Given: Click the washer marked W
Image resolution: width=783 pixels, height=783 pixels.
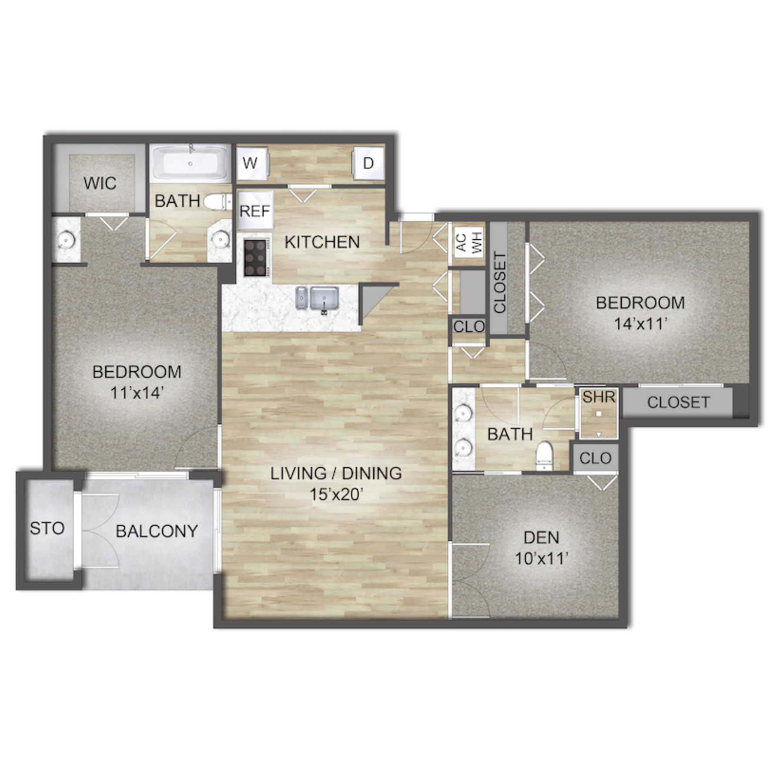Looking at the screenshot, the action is point(251,163).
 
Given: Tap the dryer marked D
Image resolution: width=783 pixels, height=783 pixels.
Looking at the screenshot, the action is point(368,163).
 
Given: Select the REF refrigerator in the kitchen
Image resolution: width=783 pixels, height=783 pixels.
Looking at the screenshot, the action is point(255,211).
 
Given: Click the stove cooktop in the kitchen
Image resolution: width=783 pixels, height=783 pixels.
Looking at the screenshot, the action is point(255,258).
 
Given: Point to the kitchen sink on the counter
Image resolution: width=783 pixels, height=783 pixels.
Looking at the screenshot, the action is point(317,298).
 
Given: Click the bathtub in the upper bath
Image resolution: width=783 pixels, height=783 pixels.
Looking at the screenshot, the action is point(190,164).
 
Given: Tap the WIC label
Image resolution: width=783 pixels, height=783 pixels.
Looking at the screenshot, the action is point(100,183).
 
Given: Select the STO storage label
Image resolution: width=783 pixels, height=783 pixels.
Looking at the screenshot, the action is point(47,528).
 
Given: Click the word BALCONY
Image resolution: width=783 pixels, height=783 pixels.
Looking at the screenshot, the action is point(157,531).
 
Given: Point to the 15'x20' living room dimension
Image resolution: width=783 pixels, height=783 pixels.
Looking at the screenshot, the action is point(335,495).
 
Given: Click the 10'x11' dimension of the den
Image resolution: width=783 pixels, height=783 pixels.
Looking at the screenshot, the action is point(542,558).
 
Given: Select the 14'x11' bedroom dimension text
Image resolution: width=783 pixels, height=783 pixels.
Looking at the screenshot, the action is point(640,324).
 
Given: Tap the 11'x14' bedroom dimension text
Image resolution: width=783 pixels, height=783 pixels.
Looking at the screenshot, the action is point(137,393).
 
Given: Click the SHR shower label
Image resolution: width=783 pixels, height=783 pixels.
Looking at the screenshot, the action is point(599,397).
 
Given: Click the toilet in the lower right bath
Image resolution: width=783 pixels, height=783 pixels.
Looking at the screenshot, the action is point(544,455).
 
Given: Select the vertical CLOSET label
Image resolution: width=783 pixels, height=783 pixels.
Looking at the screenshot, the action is point(500,283).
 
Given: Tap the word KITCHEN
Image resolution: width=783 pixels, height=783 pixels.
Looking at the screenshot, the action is point(322,242).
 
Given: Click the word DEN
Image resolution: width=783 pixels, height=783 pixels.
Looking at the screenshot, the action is point(542,538).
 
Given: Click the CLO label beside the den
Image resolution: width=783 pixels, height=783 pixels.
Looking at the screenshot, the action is point(595,458).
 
